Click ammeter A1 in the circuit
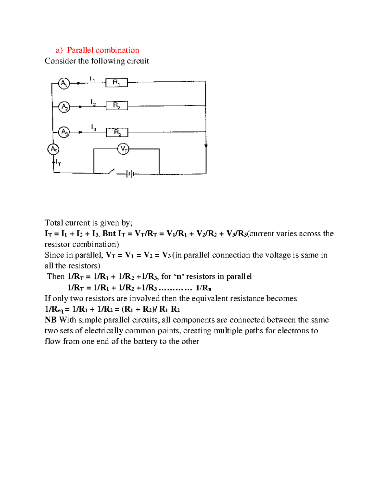[64, 83]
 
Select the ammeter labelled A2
[64, 107]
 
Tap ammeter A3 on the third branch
[64, 132]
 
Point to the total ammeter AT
[54, 149]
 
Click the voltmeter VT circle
[123, 149]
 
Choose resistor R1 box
[117, 83]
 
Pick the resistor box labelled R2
[117, 105]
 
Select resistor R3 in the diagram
[117, 132]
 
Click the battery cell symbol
[130, 174]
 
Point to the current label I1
[92, 79]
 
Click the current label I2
[93, 103]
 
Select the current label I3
[93, 128]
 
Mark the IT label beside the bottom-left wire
[58, 163]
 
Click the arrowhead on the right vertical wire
[206, 146]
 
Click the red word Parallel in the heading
[80, 50]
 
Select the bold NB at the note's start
[50, 320]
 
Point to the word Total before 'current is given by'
[54, 223]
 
